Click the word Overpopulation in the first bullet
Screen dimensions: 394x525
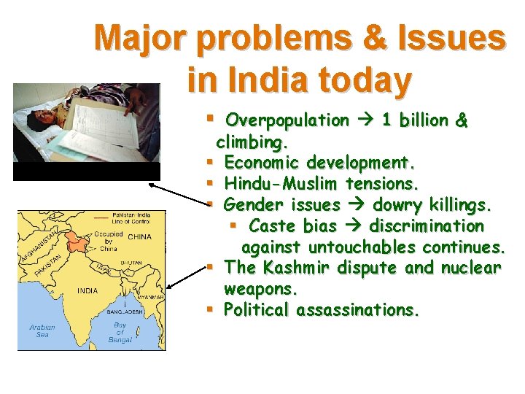coord(287,120)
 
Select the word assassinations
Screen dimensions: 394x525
coord(357,310)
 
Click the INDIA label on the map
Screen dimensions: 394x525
coord(87,291)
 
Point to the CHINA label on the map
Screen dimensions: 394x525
coord(139,237)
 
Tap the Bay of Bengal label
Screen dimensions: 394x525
coord(120,333)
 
